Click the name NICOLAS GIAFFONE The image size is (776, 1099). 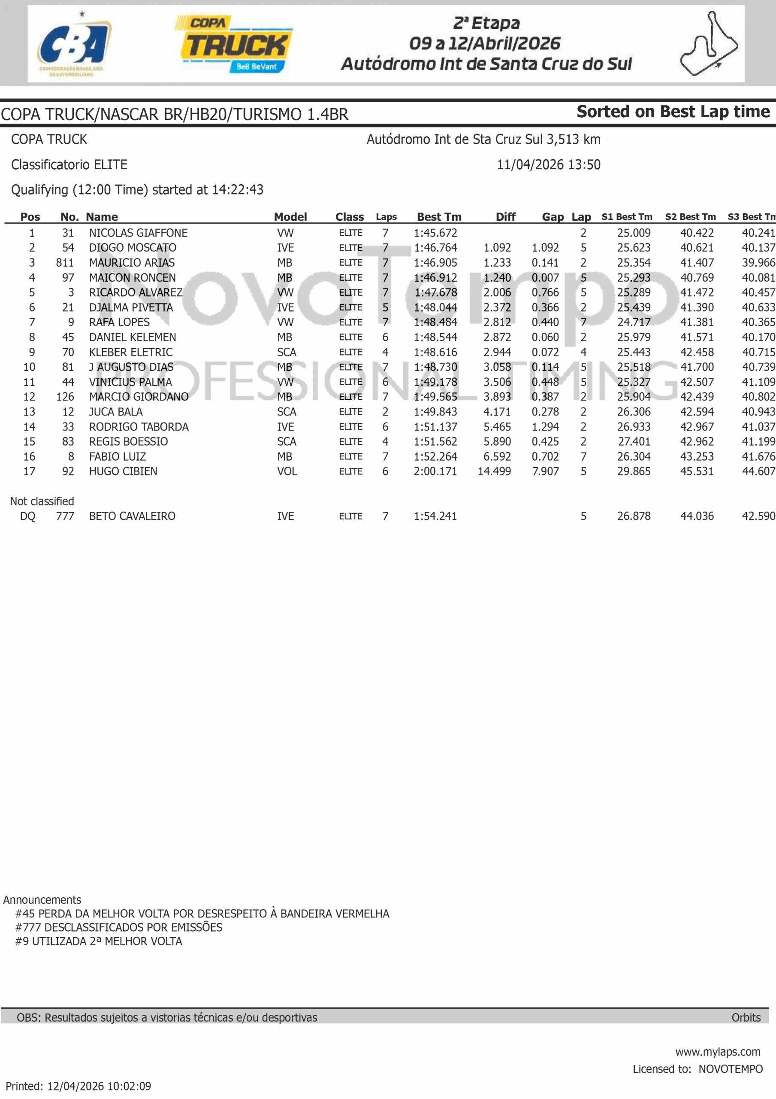138,233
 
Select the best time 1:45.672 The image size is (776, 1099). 435,233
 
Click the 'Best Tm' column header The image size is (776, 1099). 439,217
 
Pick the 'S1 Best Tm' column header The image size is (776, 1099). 627,217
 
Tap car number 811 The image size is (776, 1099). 65,263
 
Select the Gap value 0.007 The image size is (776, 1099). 545,278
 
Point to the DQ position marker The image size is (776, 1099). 27,516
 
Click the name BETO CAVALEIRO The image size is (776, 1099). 132,516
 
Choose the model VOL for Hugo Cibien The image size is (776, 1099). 287,471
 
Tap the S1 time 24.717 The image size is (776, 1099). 634,322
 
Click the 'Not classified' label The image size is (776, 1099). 42,501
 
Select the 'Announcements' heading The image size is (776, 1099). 42,899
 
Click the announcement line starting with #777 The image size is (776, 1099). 119,927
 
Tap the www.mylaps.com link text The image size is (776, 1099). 718,1052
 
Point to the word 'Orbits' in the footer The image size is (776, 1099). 746,1017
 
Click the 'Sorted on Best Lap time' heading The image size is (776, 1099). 673,112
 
